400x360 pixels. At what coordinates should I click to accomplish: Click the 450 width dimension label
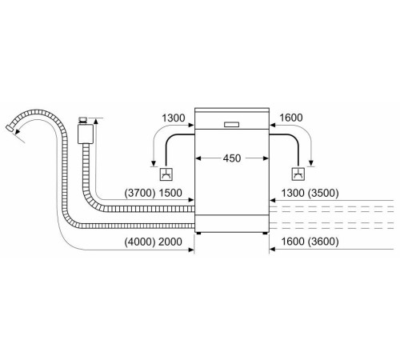(x=232, y=158)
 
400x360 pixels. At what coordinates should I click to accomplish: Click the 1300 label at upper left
(x=174, y=118)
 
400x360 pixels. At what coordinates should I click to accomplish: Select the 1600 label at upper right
(x=291, y=118)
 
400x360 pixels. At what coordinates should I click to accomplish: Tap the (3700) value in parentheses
(x=140, y=193)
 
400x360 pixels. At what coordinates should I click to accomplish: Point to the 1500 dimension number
(x=170, y=193)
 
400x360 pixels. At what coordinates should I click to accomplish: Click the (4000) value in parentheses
(x=140, y=242)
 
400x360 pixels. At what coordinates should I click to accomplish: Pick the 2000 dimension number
(x=170, y=242)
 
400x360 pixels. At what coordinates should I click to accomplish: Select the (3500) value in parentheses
(x=323, y=193)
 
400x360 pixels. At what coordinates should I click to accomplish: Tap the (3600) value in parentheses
(x=323, y=242)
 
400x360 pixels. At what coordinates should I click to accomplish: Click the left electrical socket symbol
(x=166, y=174)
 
